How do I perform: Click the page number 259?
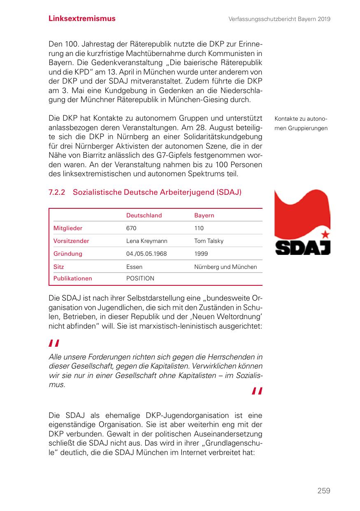coord(323,490)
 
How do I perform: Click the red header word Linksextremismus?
coord(82,19)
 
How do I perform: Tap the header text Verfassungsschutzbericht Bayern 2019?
coord(280,19)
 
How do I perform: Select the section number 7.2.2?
coord(57,192)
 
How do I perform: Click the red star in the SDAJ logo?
coord(325,235)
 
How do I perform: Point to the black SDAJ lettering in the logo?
coord(302,247)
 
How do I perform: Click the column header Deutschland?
coord(144,215)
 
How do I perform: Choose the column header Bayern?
coord(204,215)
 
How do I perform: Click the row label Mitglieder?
coord(68,228)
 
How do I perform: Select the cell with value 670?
coord(131,228)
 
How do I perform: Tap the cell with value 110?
coord(199,228)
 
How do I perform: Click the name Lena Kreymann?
coord(146,241)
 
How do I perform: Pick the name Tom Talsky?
coord(209,241)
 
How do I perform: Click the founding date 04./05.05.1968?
coord(146,254)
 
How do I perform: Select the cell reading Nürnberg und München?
coord(225,267)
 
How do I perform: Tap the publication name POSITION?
coord(140,278)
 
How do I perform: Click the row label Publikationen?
coord(73,278)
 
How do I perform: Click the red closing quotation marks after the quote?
coord(257,391)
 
